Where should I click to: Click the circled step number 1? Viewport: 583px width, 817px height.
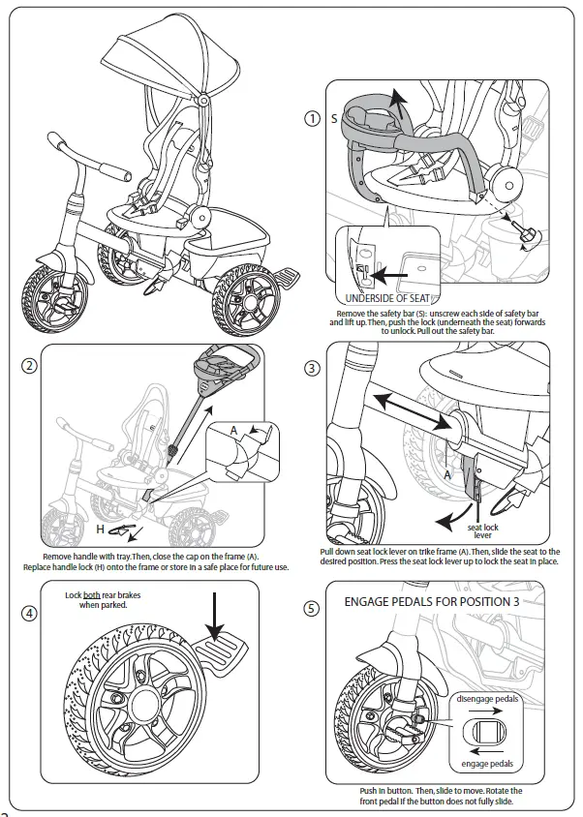(x=312, y=118)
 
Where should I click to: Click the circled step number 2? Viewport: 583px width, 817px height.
(x=30, y=367)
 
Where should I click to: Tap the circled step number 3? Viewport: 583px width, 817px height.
(x=312, y=369)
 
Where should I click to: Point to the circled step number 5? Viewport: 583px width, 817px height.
(x=312, y=609)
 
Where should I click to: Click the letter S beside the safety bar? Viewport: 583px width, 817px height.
(x=334, y=119)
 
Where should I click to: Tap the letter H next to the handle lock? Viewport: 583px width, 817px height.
(x=100, y=529)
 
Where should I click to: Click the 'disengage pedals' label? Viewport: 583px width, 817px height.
(x=487, y=698)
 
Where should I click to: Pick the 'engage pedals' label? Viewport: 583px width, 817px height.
(x=488, y=764)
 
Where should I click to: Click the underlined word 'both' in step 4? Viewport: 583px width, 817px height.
(x=92, y=595)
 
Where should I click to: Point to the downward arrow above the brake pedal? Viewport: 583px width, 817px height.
(x=215, y=611)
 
